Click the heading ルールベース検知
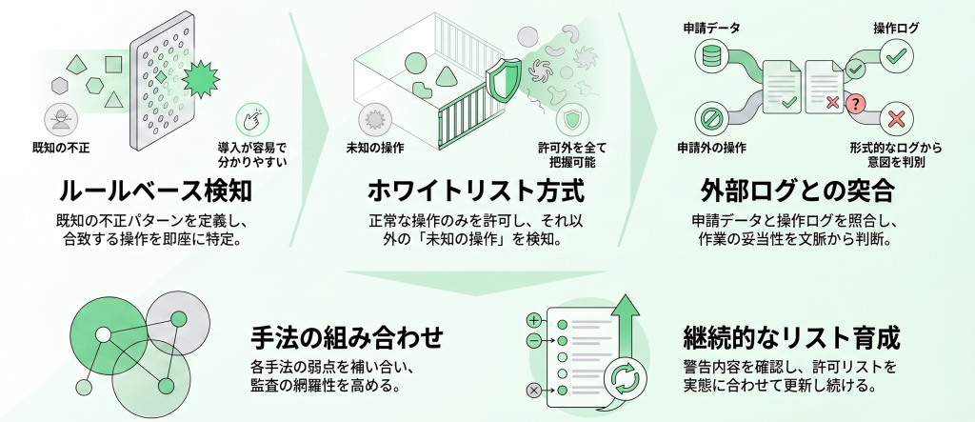tap(155, 191)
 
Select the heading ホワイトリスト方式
tap(476, 191)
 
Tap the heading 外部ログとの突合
tap(798, 191)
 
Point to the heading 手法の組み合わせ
tap(347, 338)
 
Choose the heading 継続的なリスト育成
tap(791, 338)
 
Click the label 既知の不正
tap(61, 148)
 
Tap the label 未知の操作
tap(375, 148)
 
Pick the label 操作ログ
tap(896, 28)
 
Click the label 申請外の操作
tap(711, 148)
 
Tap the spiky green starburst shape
tap(200, 79)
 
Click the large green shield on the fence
tap(504, 81)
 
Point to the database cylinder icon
tap(710, 56)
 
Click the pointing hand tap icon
tap(251, 119)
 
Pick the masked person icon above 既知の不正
tap(61, 119)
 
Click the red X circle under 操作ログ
tap(896, 119)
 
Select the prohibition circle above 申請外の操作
tap(710, 119)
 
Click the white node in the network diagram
tap(103, 335)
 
